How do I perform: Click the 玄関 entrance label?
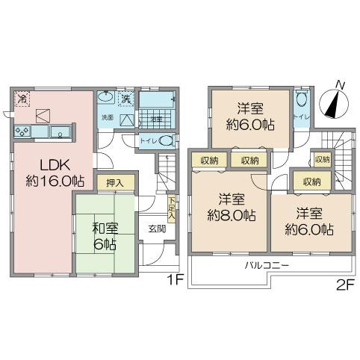[156, 229]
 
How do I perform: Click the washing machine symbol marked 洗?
[126, 98]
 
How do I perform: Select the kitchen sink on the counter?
[58, 133]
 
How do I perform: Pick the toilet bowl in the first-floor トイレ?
[168, 140]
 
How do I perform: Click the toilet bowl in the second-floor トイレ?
[302, 99]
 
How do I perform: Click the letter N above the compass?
[340, 84]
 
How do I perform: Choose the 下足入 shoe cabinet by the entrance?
[172, 208]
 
